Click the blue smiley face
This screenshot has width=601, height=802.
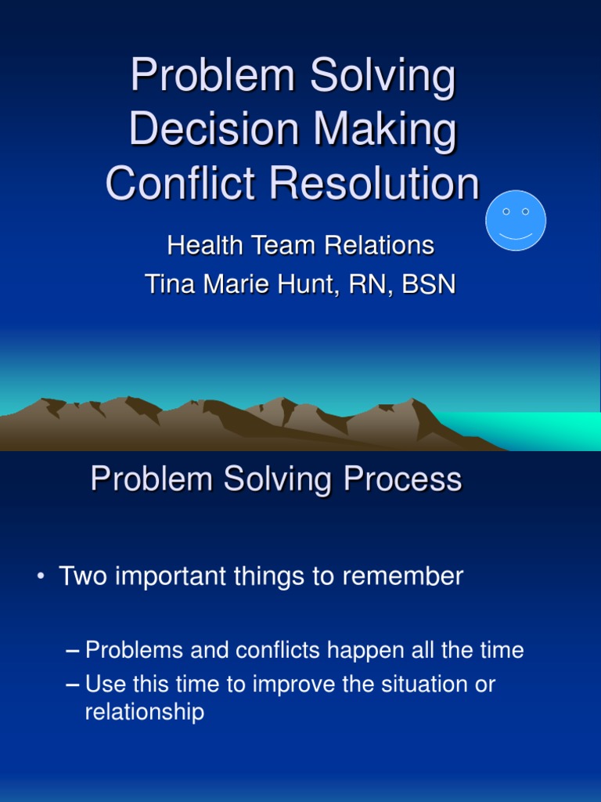pyautogui.click(x=516, y=221)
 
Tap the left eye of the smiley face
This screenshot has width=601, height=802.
pyautogui.click(x=506, y=211)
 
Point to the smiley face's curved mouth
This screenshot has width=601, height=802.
pyautogui.click(x=516, y=236)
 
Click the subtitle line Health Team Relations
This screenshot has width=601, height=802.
pyautogui.click(x=300, y=246)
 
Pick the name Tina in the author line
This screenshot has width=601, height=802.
pyautogui.click(x=168, y=284)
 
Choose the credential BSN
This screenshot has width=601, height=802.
pyautogui.click(x=428, y=284)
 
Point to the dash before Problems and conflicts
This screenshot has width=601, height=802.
pyautogui.click(x=73, y=650)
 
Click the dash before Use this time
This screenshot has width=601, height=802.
pyautogui.click(x=73, y=685)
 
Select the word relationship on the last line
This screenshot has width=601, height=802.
pyautogui.click(x=144, y=712)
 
